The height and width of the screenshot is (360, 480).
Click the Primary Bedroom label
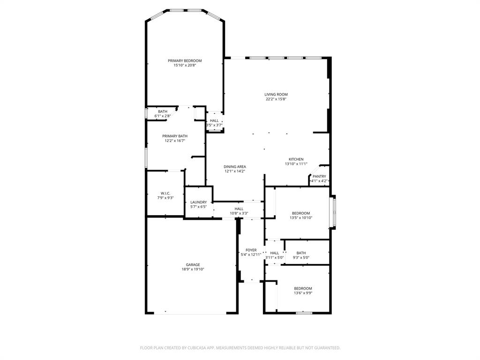point(185,60)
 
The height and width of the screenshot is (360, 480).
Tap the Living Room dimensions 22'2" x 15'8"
point(276,99)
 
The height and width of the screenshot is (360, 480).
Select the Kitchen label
point(296,159)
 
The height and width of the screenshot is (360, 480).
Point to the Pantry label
point(319,176)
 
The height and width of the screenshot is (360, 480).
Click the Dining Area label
point(234,166)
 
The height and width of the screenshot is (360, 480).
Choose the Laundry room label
point(198,202)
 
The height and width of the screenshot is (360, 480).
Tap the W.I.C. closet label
point(165,193)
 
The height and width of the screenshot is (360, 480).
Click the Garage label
point(193,264)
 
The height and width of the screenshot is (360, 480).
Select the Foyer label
point(251,250)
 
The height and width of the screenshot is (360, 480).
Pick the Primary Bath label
point(175,136)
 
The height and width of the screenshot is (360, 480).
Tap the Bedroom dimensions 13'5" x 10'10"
point(301,217)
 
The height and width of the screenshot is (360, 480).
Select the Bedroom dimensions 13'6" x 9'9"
point(303,293)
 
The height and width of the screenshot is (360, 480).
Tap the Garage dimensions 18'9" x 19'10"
point(193,269)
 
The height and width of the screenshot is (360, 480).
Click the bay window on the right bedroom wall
point(334,211)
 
